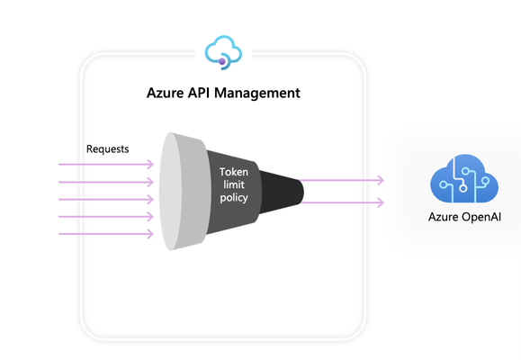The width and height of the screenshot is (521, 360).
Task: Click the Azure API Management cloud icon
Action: [x=223, y=52]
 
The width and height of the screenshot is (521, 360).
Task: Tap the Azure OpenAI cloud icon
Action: [x=464, y=178]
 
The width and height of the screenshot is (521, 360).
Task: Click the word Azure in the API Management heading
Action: [x=165, y=93]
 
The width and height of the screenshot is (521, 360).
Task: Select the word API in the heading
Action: [x=199, y=93]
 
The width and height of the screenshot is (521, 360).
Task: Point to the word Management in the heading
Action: [x=257, y=93]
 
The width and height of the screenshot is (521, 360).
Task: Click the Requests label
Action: [x=108, y=148]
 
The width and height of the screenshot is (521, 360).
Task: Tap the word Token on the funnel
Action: [x=234, y=172]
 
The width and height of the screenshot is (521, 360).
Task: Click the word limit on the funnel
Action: [x=234, y=184]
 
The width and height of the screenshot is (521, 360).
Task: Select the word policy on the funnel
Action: [x=234, y=197]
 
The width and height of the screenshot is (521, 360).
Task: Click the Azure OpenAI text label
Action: [x=464, y=217]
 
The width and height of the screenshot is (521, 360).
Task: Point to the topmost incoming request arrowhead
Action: [x=150, y=164]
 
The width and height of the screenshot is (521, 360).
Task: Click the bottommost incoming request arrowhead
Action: [x=150, y=234]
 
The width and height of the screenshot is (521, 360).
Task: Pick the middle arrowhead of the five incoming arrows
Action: [x=150, y=200]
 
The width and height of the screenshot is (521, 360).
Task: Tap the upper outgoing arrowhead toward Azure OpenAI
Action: [x=381, y=180]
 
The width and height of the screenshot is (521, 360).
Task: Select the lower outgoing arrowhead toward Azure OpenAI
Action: [x=381, y=202]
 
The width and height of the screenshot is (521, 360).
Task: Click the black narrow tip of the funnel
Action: [x=282, y=192]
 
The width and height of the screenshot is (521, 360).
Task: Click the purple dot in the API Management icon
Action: [x=222, y=61]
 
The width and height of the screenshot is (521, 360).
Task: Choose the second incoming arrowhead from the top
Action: [x=150, y=182]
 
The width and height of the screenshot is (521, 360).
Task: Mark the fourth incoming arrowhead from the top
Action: [x=150, y=217]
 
